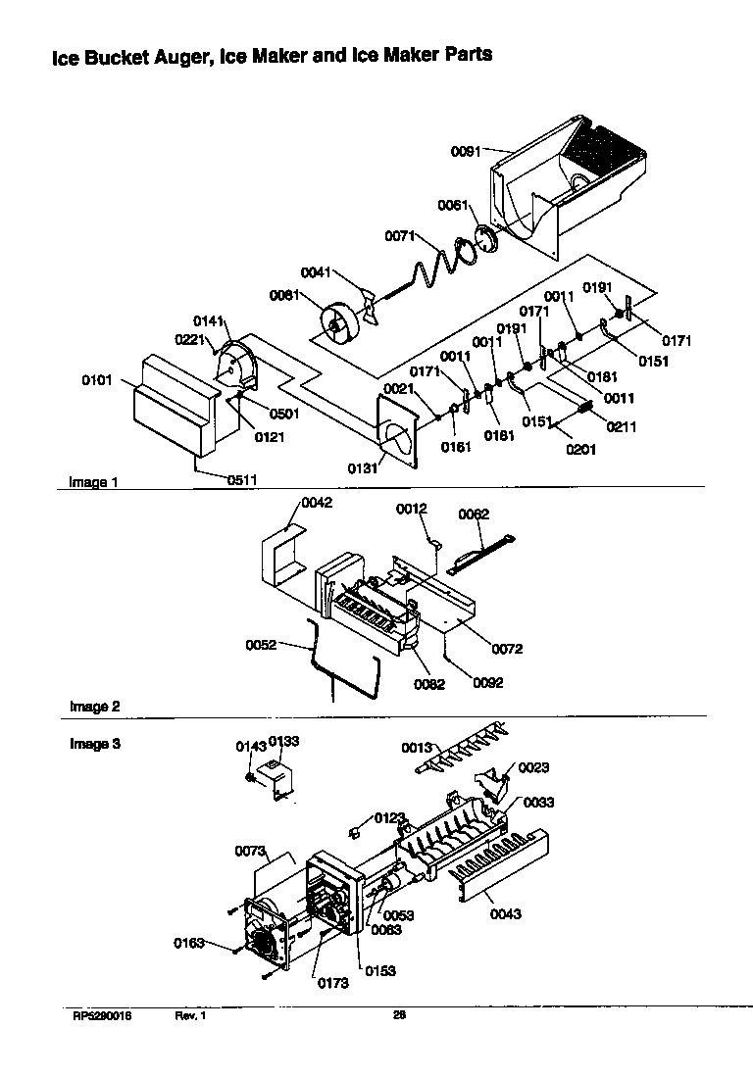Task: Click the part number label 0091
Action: (466, 152)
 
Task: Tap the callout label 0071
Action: (400, 236)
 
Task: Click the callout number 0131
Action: (362, 467)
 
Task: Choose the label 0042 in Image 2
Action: (317, 503)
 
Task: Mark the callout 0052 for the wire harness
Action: (261, 644)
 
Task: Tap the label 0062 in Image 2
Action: (474, 514)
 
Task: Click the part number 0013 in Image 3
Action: (417, 748)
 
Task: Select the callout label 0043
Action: (505, 914)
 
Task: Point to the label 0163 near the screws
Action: (189, 943)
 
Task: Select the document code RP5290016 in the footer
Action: (101, 1016)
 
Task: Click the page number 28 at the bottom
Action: (399, 1015)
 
